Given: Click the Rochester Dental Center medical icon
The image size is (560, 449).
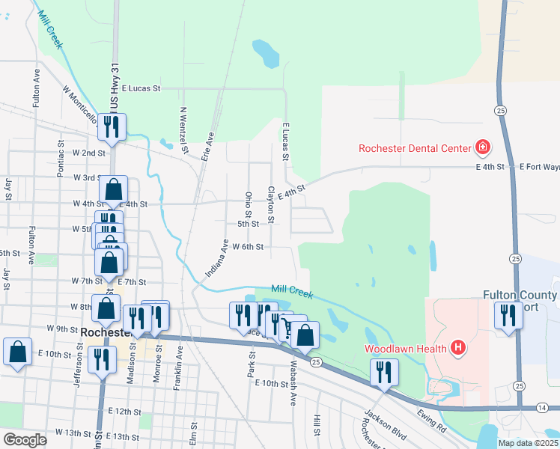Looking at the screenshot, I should (483, 147).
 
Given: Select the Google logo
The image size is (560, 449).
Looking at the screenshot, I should (25, 439).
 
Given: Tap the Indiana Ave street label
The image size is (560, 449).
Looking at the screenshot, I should (216, 258).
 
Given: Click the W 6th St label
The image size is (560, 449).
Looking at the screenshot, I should (248, 246).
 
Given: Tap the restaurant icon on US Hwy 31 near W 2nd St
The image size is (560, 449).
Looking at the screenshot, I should (112, 126).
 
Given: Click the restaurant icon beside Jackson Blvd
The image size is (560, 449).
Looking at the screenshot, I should (384, 372).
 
